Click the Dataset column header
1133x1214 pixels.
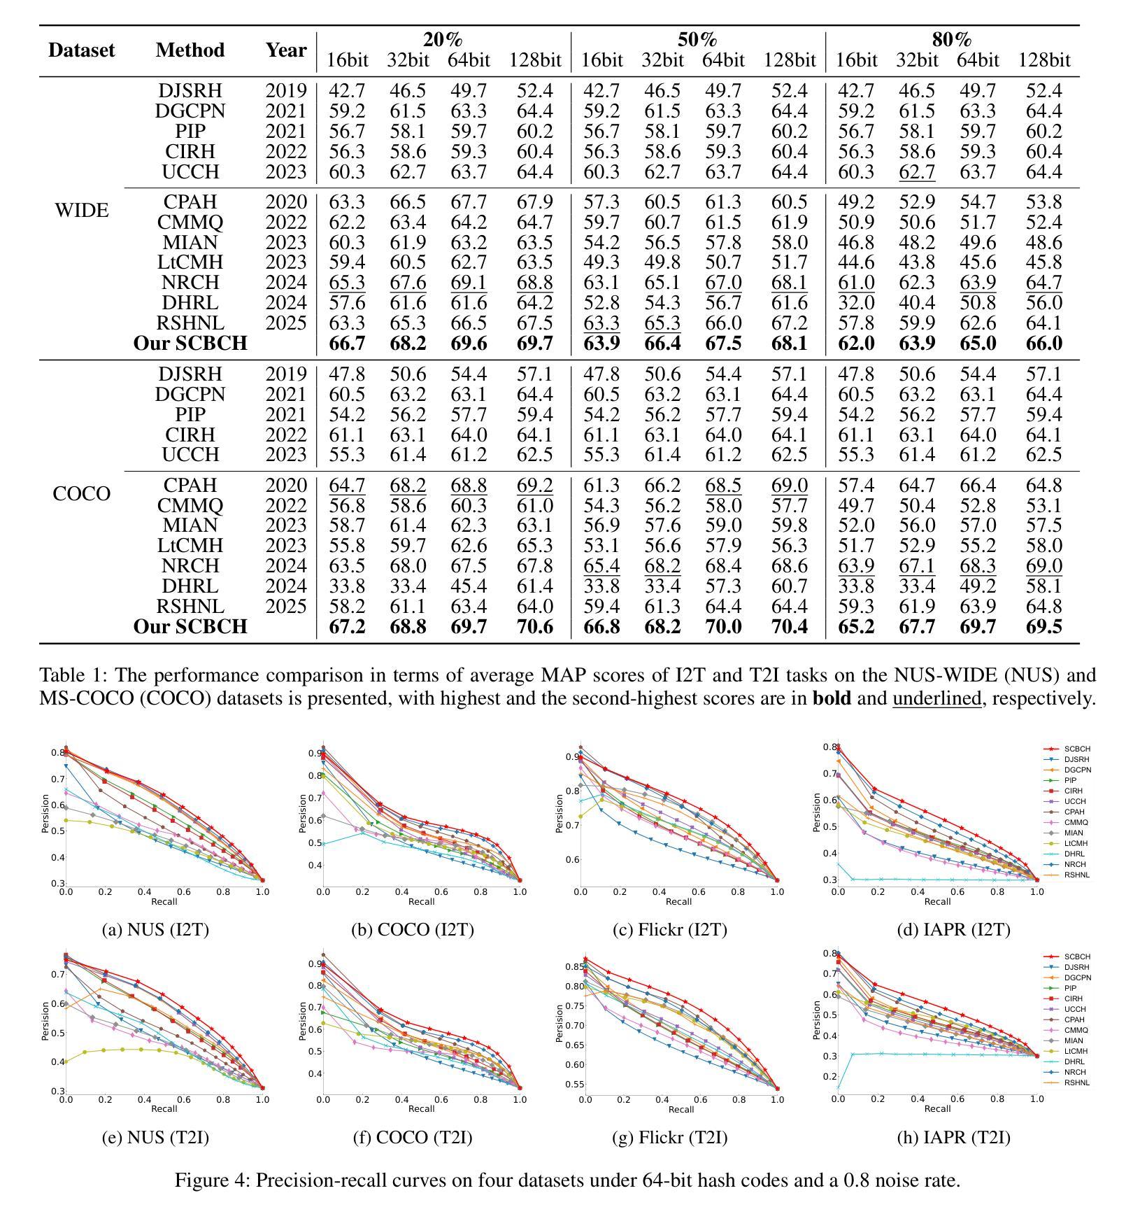(x=81, y=50)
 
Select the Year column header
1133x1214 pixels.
(x=285, y=50)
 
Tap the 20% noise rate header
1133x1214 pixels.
(x=443, y=40)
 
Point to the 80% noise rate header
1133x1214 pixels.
(x=952, y=40)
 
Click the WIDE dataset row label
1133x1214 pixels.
(x=81, y=210)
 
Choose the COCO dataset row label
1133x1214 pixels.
(x=81, y=494)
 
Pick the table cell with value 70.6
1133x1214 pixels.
(x=535, y=626)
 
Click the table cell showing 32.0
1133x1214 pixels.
(x=856, y=303)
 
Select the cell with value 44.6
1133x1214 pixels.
(x=856, y=262)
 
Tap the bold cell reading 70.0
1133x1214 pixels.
(x=722, y=626)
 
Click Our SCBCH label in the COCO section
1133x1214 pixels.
(x=190, y=626)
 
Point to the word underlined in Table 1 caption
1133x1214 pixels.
(x=936, y=698)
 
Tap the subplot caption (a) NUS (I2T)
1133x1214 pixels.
(x=155, y=930)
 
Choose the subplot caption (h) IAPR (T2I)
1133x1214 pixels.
(x=953, y=1138)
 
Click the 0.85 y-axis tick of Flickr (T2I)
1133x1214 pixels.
(x=572, y=967)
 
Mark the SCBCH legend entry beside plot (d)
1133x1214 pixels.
(x=1076, y=749)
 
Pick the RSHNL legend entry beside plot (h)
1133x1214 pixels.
(x=1076, y=1082)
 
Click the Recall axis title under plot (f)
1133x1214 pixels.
(x=421, y=1108)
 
